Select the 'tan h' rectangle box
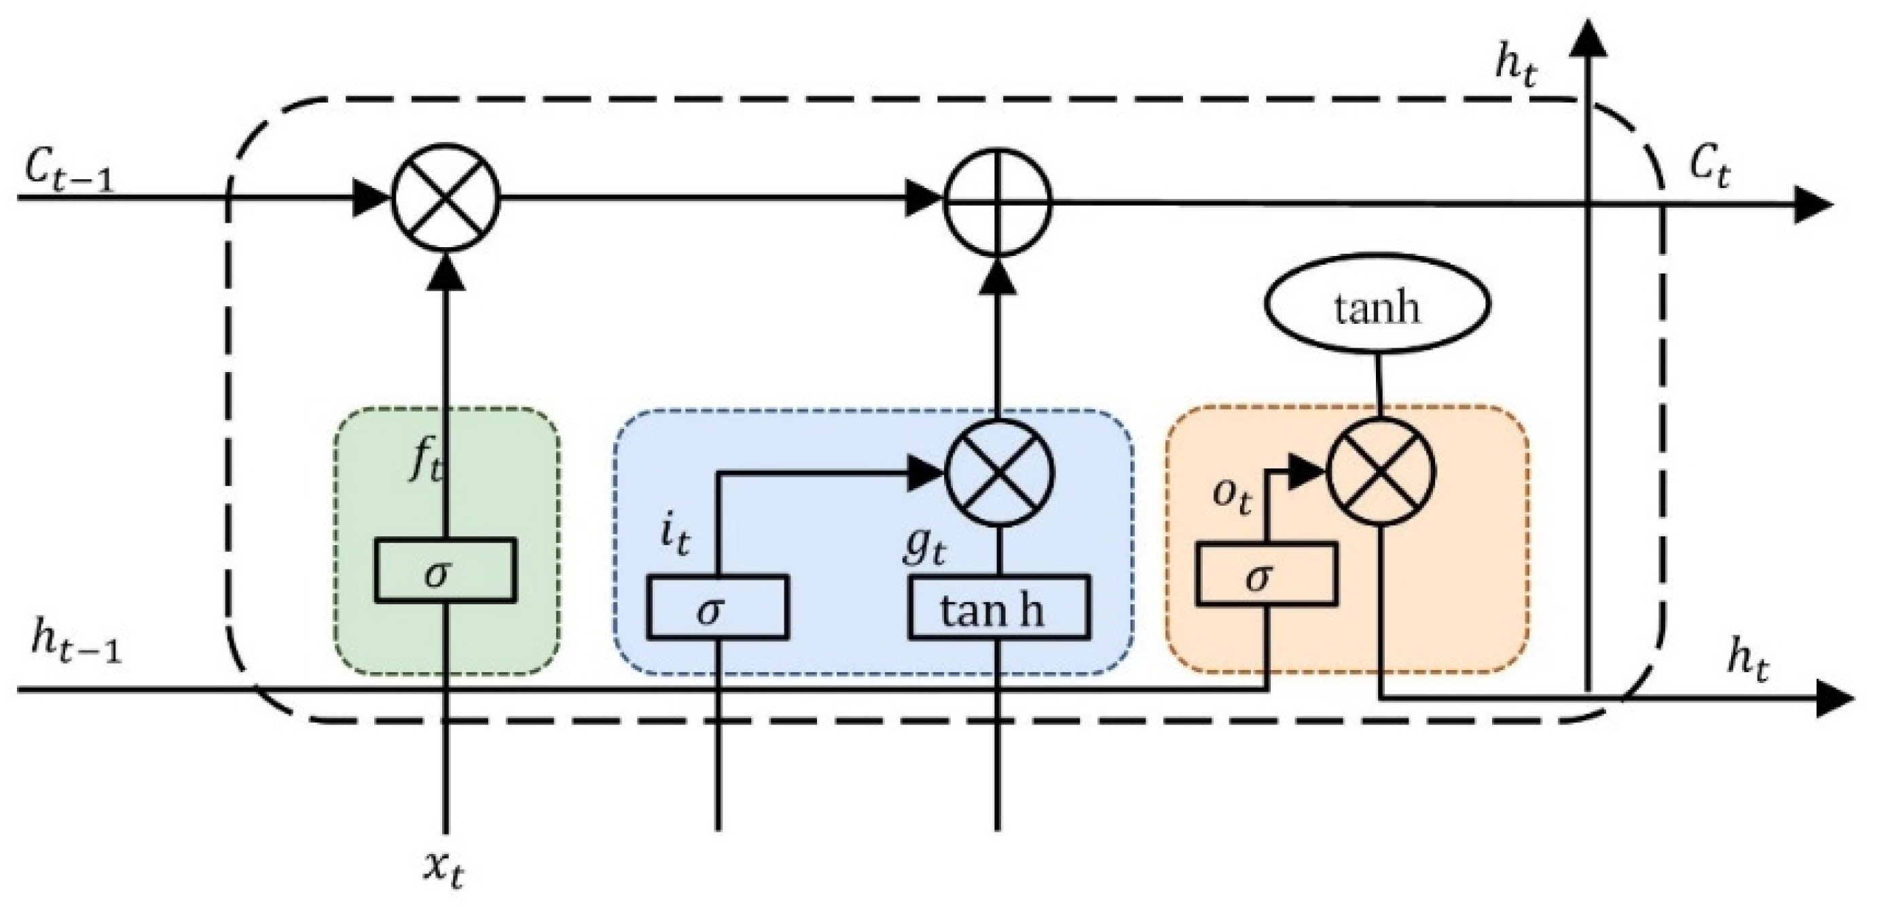pyautogui.click(x=998, y=608)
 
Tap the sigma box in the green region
pyautogui.click(x=446, y=571)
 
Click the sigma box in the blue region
pyautogui.click(x=718, y=608)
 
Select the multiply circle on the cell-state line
pyautogui.click(x=446, y=198)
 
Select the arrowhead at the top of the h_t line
pyautogui.click(x=1588, y=38)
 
